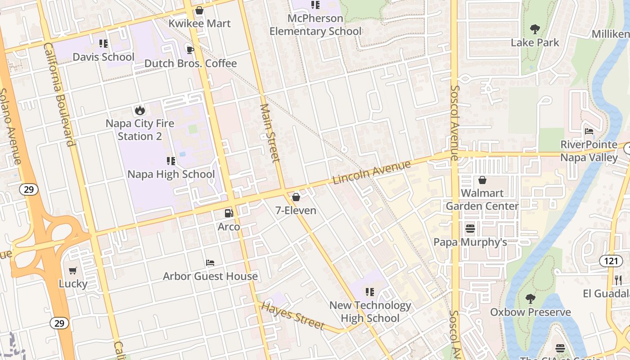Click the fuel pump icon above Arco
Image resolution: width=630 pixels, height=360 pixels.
(229, 213)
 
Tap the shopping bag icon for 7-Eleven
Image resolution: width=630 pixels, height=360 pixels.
(296, 197)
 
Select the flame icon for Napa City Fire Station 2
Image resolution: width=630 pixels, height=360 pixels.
(139, 110)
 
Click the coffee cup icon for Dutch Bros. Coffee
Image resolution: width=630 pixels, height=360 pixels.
(190, 49)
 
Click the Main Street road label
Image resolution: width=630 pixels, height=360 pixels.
(270, 133)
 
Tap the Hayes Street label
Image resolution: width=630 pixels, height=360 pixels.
(292, 316)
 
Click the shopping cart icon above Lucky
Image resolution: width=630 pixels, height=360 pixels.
(73, 270)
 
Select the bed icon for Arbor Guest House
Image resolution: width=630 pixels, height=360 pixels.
(210, 263)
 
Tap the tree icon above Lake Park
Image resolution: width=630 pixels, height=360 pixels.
(535, 30)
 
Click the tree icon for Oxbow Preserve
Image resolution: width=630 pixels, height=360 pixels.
(531, 298)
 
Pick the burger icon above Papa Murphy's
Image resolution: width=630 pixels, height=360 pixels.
(470, 229)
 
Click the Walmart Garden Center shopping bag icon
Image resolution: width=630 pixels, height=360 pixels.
(482, 180)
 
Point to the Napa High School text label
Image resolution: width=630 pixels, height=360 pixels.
(171, 174)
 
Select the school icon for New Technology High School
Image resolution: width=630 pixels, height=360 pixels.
(370, 292)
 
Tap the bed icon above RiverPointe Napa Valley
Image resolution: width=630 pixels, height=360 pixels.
(589, 131)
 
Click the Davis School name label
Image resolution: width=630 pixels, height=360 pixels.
(103, 57)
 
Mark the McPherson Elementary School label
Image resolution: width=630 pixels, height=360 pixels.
(315, 25)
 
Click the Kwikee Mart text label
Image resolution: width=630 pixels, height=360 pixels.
(199, 23)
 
